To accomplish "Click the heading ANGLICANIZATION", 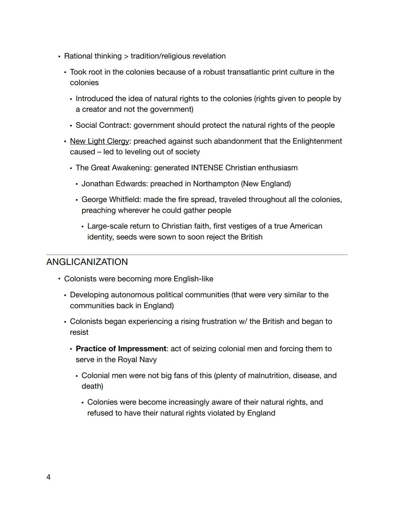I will (x=87, y=262).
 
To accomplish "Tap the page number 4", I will (x=49, y=477).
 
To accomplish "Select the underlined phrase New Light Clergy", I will (x=100, y=141).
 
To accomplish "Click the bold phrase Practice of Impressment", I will (x=121, y=349).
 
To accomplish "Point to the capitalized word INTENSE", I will (x=207, y=168).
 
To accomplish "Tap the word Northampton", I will (x=216, y=184).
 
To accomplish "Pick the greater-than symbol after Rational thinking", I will (x=126, y=56).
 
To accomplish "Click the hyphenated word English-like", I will (x=193, y=279).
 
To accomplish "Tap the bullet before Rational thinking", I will (x=59, y=56).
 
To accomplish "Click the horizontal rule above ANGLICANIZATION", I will (x=197, y=255).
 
